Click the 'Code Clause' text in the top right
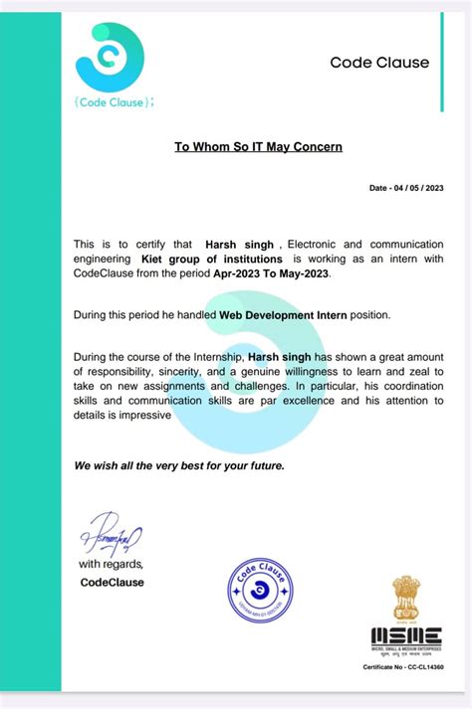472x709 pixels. [379, 63]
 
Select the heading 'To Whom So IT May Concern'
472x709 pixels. [258, 147]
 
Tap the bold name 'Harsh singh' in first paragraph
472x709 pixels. [239, 244]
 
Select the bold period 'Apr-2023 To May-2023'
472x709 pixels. [277, 272]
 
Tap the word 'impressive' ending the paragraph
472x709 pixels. [140, 417]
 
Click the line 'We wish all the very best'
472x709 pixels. [179, 465]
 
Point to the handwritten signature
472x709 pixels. [112, 537]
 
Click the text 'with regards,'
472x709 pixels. [112, 565]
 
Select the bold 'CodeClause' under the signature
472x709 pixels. [112, 582]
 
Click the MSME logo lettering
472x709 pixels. [407, 635]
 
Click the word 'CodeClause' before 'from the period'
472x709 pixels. [108, 272]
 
